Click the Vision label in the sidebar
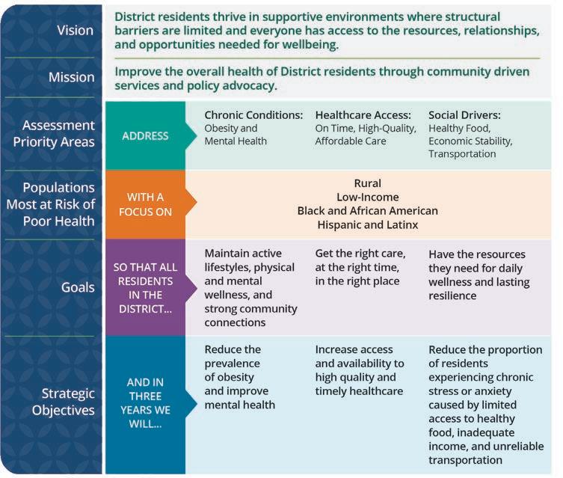click(76, 31)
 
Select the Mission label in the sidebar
click(71, 77)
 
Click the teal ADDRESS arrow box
click(146, 136)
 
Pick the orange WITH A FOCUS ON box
click(146, 203)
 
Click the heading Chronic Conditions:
click(253, 115)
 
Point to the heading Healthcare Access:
click(363, 115)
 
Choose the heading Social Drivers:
click(464, 115)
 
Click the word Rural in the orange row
click(367, 183)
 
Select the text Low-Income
click(367, 197)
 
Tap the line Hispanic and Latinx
click(367, 224)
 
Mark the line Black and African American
click(367, 211)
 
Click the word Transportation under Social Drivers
click(462, 154)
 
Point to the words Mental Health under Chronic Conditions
click(235, 141)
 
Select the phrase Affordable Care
click(351, 141)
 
